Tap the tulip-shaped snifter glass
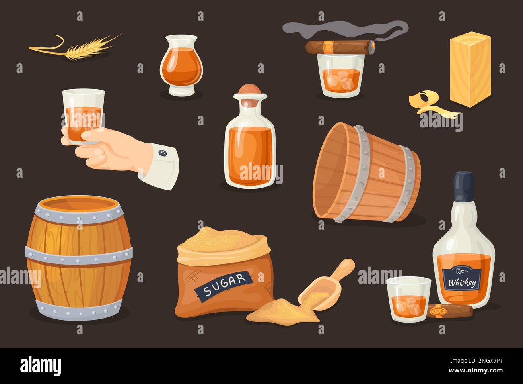click(180, 67)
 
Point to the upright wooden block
click(470, 70)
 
